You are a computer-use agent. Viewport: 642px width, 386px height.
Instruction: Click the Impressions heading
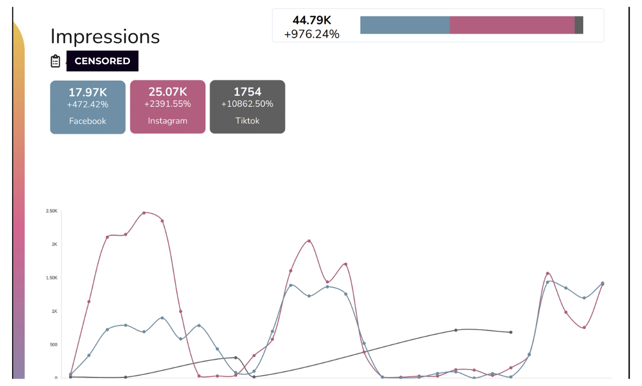tap(105, 36)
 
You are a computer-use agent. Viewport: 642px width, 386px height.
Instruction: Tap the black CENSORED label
tap(102, 61)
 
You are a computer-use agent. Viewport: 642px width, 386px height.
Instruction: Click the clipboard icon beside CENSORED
tap(56, 61)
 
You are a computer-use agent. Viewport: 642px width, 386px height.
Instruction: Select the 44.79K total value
tap(311, 21)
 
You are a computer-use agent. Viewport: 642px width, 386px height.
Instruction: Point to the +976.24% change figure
tap(311, 34)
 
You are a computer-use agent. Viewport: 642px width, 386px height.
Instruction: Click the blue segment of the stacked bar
tap(405, 25)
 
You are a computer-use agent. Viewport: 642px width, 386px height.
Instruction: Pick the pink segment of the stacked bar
tap(512, 25)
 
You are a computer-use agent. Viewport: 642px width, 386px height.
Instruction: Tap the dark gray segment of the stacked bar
tap(579, 25)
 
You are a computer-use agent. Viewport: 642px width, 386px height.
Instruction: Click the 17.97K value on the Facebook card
tap(88, 92)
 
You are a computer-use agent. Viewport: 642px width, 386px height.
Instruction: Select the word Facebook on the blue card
tap(88, 121)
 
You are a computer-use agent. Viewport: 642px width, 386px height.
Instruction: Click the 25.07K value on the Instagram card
tap(168, 92)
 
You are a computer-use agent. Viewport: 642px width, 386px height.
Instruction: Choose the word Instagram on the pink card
tap(168, 121)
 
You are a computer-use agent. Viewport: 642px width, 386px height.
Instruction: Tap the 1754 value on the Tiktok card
tap(247, 92)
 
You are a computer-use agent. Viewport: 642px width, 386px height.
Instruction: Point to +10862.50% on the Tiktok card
tap(247, 104)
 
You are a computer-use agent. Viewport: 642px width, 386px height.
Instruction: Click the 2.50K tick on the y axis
tap(52, 211)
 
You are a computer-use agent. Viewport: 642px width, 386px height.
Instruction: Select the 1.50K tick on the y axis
tap(52, 278)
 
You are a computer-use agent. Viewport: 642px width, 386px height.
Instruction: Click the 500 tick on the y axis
tap(53, 345)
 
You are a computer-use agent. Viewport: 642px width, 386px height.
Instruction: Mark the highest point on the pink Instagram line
tap(144, 213)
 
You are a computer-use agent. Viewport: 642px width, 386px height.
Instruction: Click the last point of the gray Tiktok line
tap(511, 332)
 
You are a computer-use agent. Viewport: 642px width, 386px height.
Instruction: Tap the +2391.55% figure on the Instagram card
tap(168, 104)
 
